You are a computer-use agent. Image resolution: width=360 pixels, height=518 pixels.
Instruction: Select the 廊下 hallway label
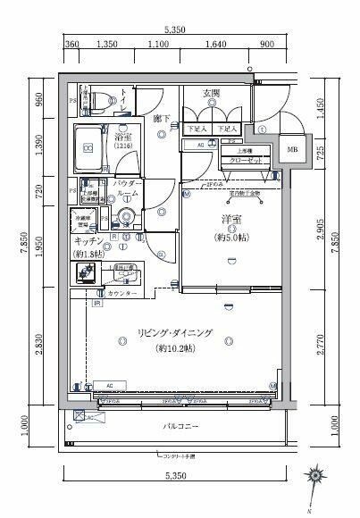(x=162, y=118)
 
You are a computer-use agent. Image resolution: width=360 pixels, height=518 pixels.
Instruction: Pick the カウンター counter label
(x=122, y=294)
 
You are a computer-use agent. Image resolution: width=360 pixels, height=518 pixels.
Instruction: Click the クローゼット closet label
(x=245, y=160)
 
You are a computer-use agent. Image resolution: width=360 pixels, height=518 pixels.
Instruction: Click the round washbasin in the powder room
(x=126, y=217)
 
